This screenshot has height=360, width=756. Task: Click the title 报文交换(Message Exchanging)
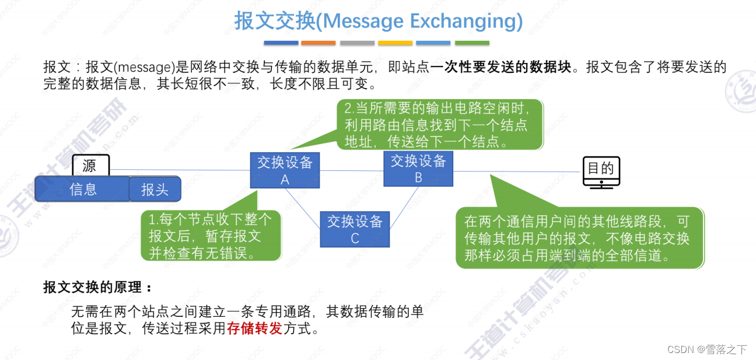pyautogui.click(x=378, y=21)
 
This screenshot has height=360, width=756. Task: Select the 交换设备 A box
pyautogui.click(x=285, y=170)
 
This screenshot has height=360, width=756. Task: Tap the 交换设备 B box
pyautogui.click(x=418, y=169)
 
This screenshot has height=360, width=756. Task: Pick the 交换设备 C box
pyautogui.click(x=355, y=229)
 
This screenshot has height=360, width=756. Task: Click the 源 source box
pyautogui.click(x=90, y=165)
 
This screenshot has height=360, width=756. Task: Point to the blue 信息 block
pyautogui.click(x=82, y=189)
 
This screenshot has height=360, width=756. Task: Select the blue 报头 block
pyautogui.click(x=155, y=189)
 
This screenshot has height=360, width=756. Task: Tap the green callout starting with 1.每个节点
pyautogui.click(x=211, y=236)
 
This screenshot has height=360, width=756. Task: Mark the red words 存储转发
pyautogui.click(x=255, y=328)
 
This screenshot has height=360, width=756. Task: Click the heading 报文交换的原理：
pyautogui.click(x=97, y=287)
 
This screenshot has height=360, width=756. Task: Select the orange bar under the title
pyautogui.click(x=318, y=43)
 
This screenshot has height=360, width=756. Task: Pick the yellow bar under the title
pyautogui.click(x=395, y=43)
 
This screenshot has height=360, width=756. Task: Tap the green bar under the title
pyautogui.click(x=472, y=43)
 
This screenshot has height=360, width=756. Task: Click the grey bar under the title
pyautogui.click(x=357, y=43)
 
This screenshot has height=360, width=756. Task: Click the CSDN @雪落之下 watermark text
pyautogui.click(x=706, y=349)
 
